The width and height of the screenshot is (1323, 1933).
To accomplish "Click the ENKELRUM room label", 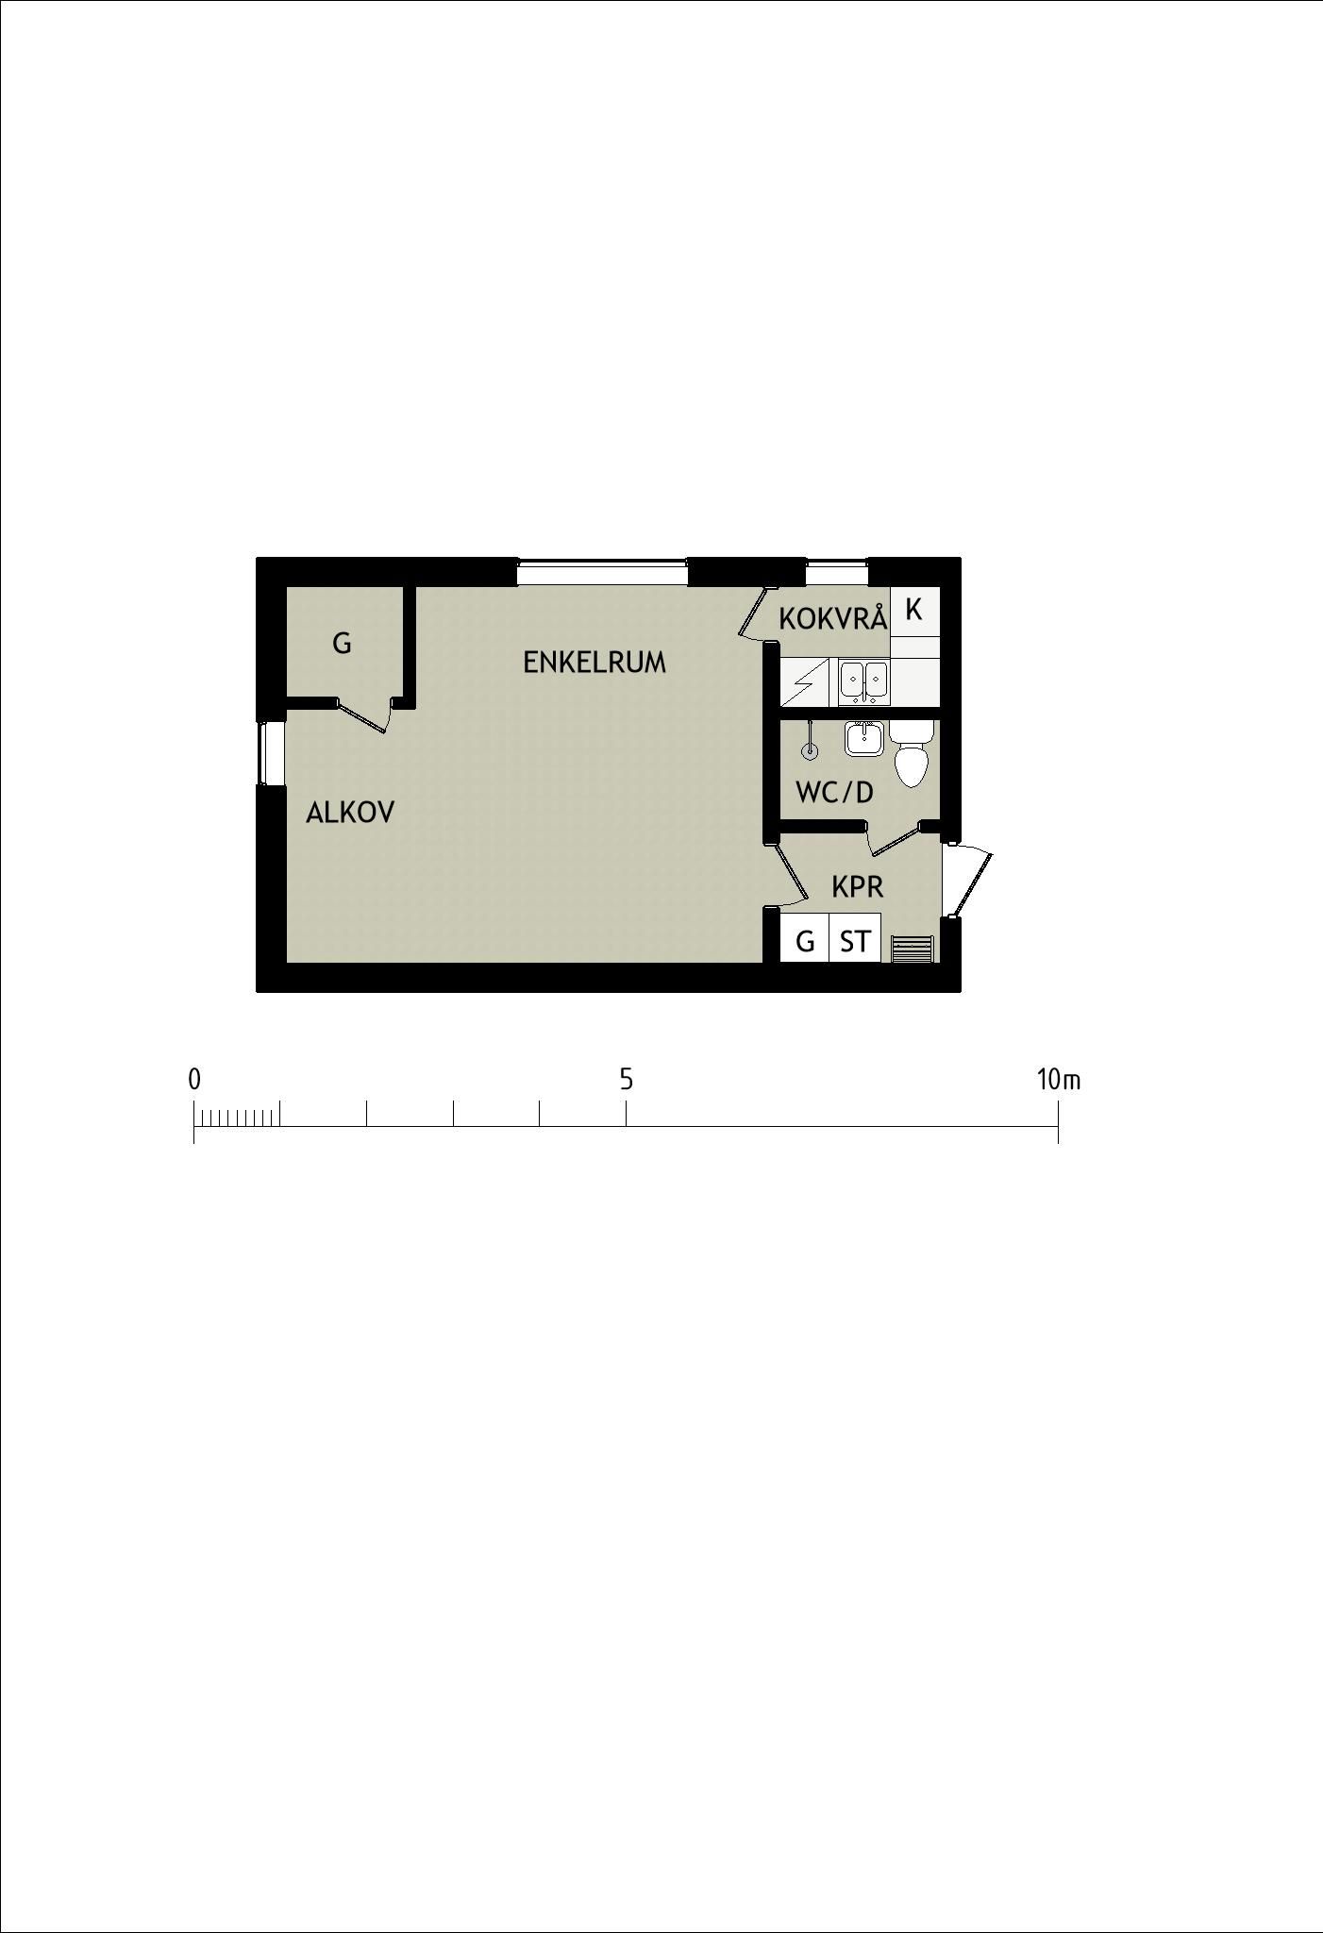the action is coord(595,663).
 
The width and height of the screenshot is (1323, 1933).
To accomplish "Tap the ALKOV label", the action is coord(350,813).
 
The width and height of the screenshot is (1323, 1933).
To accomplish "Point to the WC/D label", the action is coord(835,792).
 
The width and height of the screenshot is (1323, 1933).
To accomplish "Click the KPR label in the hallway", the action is coord(858,887).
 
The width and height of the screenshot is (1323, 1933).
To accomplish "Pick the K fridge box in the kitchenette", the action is coord(914,611).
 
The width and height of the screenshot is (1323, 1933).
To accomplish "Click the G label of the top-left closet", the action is coord(343,644).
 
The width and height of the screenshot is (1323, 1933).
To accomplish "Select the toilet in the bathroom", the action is coord(912,752).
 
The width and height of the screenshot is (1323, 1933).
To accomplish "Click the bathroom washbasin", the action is coord(863,738).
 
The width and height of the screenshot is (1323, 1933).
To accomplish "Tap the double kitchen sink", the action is coord(863,683).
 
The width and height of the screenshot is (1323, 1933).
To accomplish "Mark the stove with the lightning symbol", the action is coord(805,681).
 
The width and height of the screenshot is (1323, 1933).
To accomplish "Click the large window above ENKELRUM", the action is coord(602,572).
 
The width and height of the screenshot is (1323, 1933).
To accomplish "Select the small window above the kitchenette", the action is coord(836,572).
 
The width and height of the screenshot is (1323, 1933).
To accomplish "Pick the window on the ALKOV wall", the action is coord(272,752).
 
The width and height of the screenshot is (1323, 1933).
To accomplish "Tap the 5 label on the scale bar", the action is coord(627,1079).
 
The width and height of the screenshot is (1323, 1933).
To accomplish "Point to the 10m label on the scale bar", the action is coord(1059,1079).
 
